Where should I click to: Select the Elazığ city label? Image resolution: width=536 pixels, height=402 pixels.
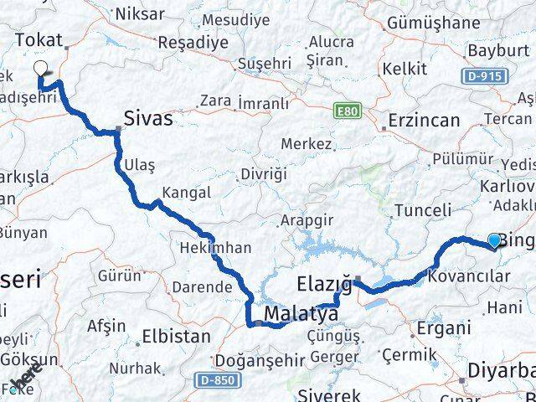[324, 282]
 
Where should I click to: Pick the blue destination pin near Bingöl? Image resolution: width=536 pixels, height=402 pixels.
[494, 241]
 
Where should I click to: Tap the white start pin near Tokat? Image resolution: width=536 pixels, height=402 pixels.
[41, 70]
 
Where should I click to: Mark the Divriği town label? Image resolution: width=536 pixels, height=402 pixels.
[263, 174]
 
